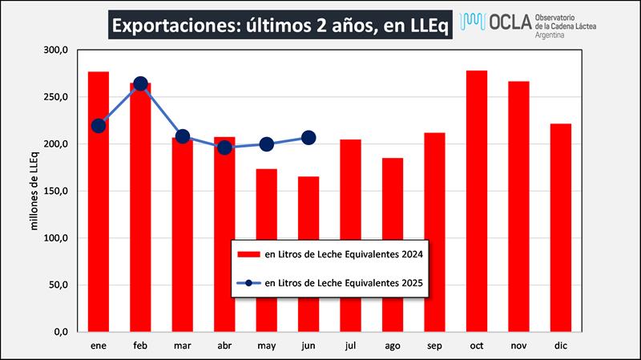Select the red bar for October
(477, 200)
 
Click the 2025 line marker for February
(140, 83)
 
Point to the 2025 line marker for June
(308, 138)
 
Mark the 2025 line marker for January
(99, 125)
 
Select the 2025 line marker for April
(224, 148)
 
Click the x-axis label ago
(393, 346)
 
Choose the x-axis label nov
(518, 346)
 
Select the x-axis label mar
(183, 346)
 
